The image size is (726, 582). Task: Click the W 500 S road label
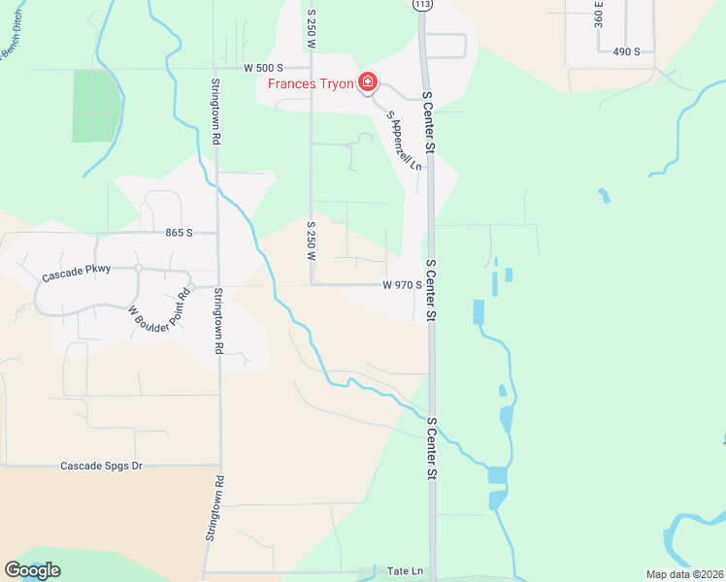(x=263, y=68)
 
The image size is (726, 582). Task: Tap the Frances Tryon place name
(x=311, y=82)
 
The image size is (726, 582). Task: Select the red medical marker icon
(x=368, y=82)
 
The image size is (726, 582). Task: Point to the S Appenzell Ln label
(x=405, y=142)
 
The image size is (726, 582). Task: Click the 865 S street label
(x=180, y=233)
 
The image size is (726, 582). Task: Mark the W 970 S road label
(x=402, y=285)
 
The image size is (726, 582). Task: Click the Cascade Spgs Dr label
(x=102, y=467)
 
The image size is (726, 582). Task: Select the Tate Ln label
(x=404, y=572)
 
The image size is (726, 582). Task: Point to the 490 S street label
(x=625, y=50)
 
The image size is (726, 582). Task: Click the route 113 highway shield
(x=421, y=5)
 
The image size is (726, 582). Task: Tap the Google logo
(x=32, y=570)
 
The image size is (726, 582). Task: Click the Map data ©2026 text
(x=683, y=574)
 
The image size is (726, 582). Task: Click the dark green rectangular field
(x=95, y=106)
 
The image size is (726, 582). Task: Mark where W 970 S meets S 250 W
(x=312, y=285)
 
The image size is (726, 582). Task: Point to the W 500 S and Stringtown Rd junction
(x=214, y=69)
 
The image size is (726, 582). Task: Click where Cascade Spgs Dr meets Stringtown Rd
(x=220, y=467)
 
